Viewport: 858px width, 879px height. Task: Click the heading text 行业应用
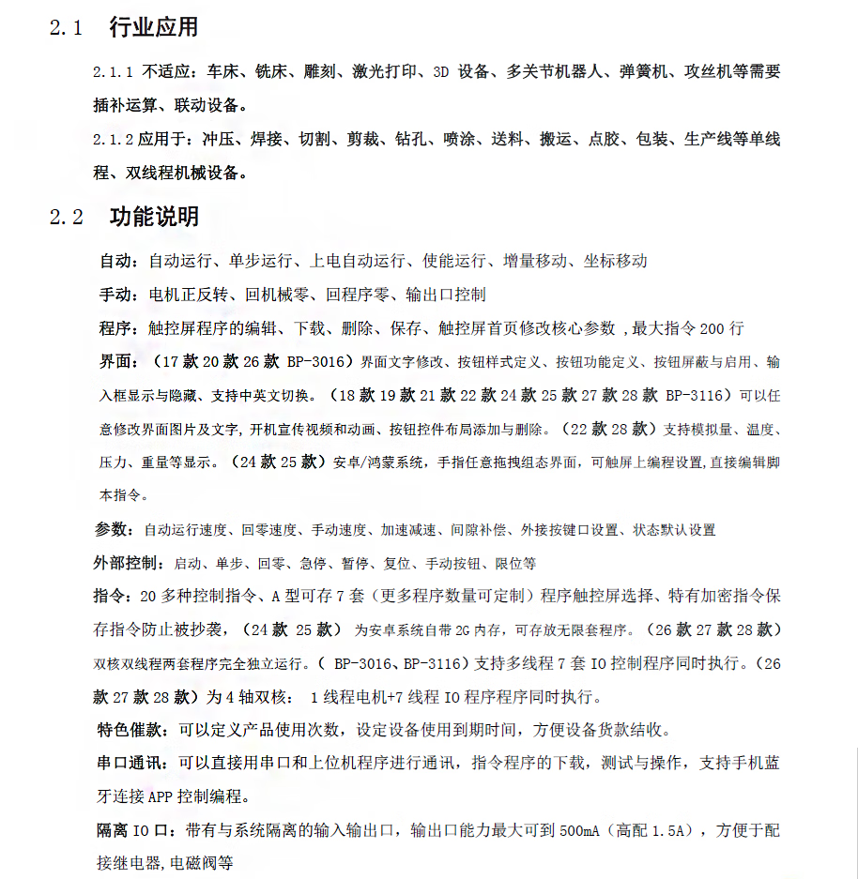pyautogui.click(x=154, y=27)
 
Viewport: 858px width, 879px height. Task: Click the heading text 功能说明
pyautogui.click(x=154, y=218)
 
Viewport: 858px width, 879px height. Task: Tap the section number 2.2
pyautogui.click(x=67, y=219)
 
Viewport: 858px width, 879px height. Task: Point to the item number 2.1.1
pyautogui.click(x=114, y=72)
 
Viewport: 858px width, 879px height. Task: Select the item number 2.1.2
pyautogui.click(x=114, y=141)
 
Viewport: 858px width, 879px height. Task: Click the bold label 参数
pyautogui.click(x=113, y=530)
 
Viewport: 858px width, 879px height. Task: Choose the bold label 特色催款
pyautogui.click(x=131, y=730)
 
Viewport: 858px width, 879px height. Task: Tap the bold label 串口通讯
pyautogui.click(x=131, y=764)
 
